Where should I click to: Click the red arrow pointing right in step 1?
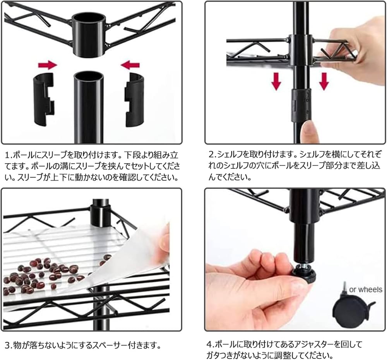pos(47,65)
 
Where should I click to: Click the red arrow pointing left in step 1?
pos(130,65)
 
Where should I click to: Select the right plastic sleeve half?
pos(134,100)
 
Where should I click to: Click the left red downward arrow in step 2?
pos(276,81)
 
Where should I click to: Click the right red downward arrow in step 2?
pos(324,81)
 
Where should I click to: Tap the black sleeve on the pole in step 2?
pos(301,105)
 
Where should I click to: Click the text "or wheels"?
pos(366,290)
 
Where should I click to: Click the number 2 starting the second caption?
pos(211,154)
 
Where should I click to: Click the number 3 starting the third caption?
pos(8,345)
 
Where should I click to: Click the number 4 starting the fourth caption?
pos(209,344)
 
